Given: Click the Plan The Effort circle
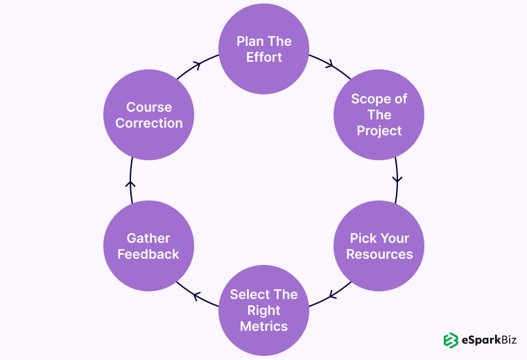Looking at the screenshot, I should click(x=263, y=49).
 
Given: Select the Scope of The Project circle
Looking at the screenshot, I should click(x=379, y=114).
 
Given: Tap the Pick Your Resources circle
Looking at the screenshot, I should click(x=379, y=246).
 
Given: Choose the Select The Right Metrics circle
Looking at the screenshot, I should click(x=263, y=311).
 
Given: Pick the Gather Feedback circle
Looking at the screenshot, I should click(x=148, y=246).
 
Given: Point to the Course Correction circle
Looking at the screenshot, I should click(x=148, y=114).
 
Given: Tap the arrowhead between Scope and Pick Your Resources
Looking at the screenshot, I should click(x=397, y=179).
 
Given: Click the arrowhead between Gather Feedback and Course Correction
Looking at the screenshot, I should click(x=131, y=184).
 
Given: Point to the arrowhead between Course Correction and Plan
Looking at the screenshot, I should click(x=197, y=65).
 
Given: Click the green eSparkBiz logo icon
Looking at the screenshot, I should click(x=451, y=340).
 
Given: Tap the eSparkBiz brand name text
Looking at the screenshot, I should click(x=490, y=340).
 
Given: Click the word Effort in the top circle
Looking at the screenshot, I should click(x=263, y=57).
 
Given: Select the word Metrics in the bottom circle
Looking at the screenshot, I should click(x=263, y=326).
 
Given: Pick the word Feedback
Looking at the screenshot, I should click(x=148, y=255).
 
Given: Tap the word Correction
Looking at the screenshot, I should click(x=149, y=123).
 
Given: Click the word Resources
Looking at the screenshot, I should click(x=379, y=255).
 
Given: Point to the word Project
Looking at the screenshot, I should click(x=379, y=130).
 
